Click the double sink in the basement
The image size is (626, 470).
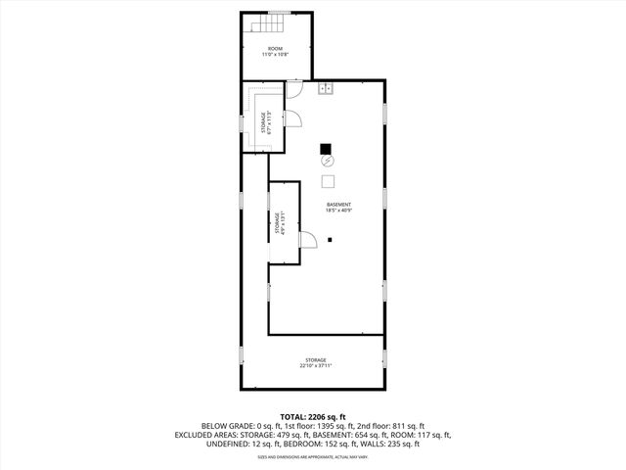tap(327, 89)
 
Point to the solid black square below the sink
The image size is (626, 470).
tap(327, 149)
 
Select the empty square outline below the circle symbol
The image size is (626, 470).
tap(328, 181)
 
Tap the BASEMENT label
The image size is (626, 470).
tap(338, 205)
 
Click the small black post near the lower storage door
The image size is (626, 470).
tap(331, 239)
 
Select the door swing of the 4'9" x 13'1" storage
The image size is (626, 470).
tap(306, 240)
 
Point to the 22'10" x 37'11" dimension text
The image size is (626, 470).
tap(315, 367)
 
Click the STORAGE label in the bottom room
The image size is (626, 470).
tap(315, 360)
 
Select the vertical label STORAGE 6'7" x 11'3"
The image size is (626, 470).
tap(264, 122)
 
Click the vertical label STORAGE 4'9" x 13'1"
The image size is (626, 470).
tap(279, 224)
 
